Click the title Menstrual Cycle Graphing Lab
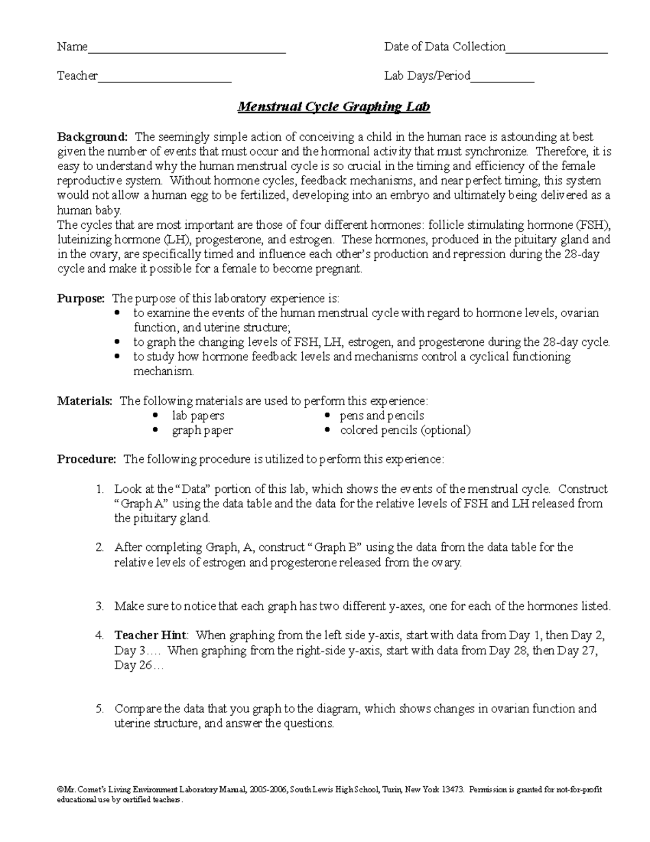[334, 106]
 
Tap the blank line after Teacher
[164, 81]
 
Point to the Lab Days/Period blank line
[502, 81]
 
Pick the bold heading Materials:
[85, 401]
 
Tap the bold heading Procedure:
[87, 460]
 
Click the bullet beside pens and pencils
[327, 416]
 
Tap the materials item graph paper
[202, 430]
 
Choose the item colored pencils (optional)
[405, 430]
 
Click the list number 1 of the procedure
[99, 489]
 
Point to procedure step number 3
[99, 606]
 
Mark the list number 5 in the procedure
[99, 709]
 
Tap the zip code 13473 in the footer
[453, 790]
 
